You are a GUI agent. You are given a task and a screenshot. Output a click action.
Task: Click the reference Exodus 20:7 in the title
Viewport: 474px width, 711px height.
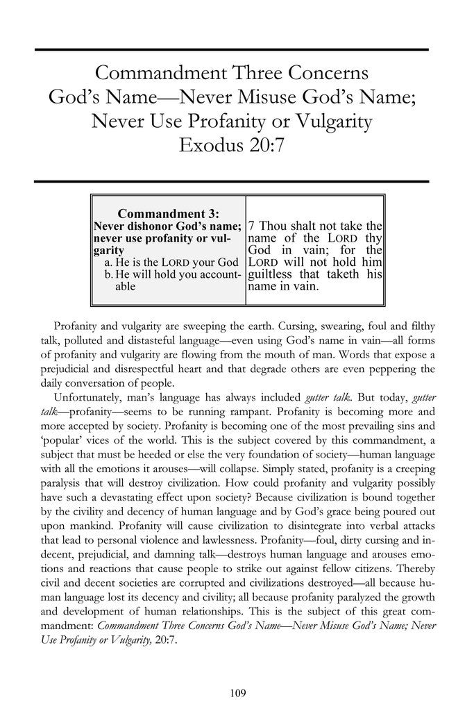click(x=231, y=147)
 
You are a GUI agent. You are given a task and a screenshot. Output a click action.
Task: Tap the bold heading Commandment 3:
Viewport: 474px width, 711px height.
click(x=169, y=212)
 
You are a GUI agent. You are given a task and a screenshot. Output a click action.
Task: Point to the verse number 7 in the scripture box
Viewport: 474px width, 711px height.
click(x=252, y=226)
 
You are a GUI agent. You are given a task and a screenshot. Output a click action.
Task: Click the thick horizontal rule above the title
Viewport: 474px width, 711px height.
click(x=231, y=50)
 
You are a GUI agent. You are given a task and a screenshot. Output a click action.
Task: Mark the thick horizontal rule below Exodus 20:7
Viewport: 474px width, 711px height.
click(x=231, y=181)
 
